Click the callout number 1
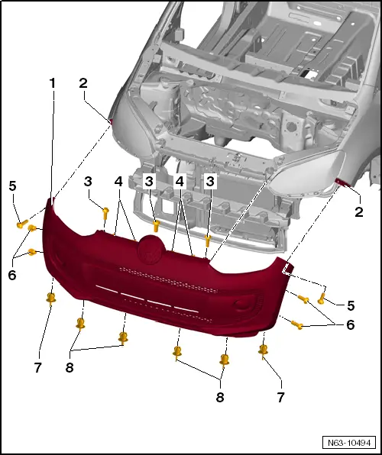coord(53,82)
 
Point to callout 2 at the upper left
coord(83,83)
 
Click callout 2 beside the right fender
coord(358,211)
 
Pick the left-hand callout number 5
coord(12,186)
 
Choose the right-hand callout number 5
coord(351,305)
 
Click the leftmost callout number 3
coord(89,181)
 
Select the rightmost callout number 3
coord(209,181)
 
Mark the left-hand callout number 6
coord(12,275)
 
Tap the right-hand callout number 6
coord(351,324)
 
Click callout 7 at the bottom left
coord(37,367)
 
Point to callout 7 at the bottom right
coord(280,397)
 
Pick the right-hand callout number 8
coord(221,397)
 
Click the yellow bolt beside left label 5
coord(21,224)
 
